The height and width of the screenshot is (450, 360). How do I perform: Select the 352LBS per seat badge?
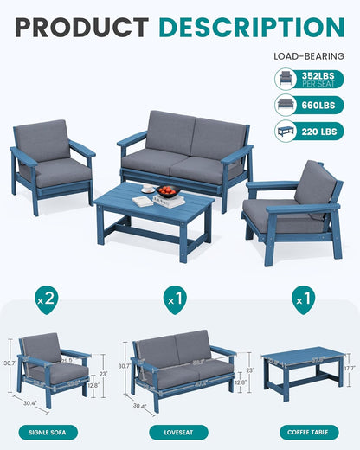(x=320, y=79)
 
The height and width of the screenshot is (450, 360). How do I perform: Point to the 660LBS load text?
(x=321, y=106)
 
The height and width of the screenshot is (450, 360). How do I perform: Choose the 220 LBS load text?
(x=322, y=132)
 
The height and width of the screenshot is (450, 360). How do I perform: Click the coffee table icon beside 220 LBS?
(x=286, y=132)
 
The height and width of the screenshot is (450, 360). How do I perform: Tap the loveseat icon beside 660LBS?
(x=286, y=106)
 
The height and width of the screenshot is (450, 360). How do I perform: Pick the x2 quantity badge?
(x=48, y=299)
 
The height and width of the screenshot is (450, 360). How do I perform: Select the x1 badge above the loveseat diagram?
(x=177, y=299)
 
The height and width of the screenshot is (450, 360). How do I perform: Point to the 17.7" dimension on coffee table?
(x=350, y=368)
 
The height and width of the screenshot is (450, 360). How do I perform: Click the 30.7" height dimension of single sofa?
(x=7, y=363)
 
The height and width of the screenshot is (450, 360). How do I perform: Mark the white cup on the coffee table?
(x=148, y=189)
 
